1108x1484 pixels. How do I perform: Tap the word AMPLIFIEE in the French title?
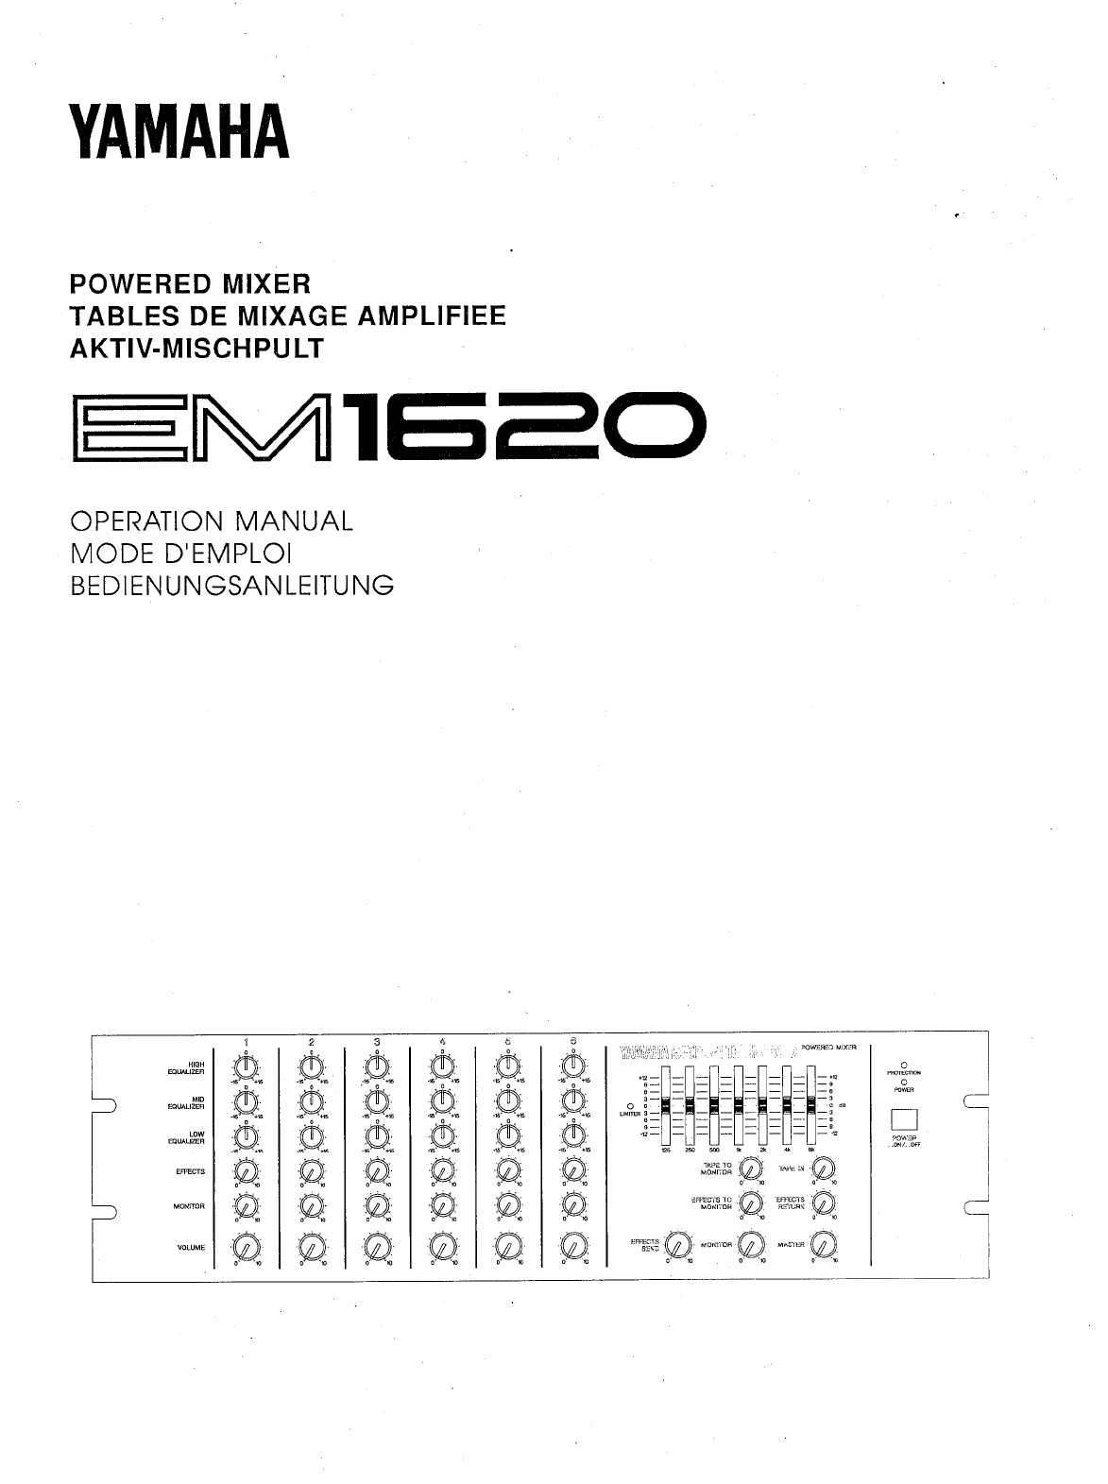click(x=434, y=315)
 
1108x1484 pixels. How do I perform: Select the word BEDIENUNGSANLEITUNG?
click(x=232, y=586)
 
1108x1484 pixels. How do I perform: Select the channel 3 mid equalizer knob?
click(x=376, y=1101)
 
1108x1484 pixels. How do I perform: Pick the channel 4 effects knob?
click(x=441, y=1171)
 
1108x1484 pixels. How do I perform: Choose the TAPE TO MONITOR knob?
click(x=750, y=1170)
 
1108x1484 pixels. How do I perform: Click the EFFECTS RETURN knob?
click(x=824, y=1203)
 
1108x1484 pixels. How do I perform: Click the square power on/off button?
click(x=903, y=1118)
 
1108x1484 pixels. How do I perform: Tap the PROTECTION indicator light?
click(x=904, y=1066)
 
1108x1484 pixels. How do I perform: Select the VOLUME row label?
click(x=191, y=1248)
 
